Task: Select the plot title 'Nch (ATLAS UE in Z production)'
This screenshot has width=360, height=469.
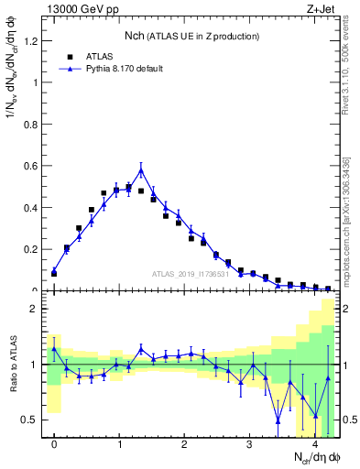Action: coord(192,36)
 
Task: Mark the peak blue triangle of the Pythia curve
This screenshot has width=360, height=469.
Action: coord(141,170)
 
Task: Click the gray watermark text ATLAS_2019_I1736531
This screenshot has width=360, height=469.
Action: coord(191,274)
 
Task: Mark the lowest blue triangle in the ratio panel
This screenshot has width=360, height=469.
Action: coord(278,420)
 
